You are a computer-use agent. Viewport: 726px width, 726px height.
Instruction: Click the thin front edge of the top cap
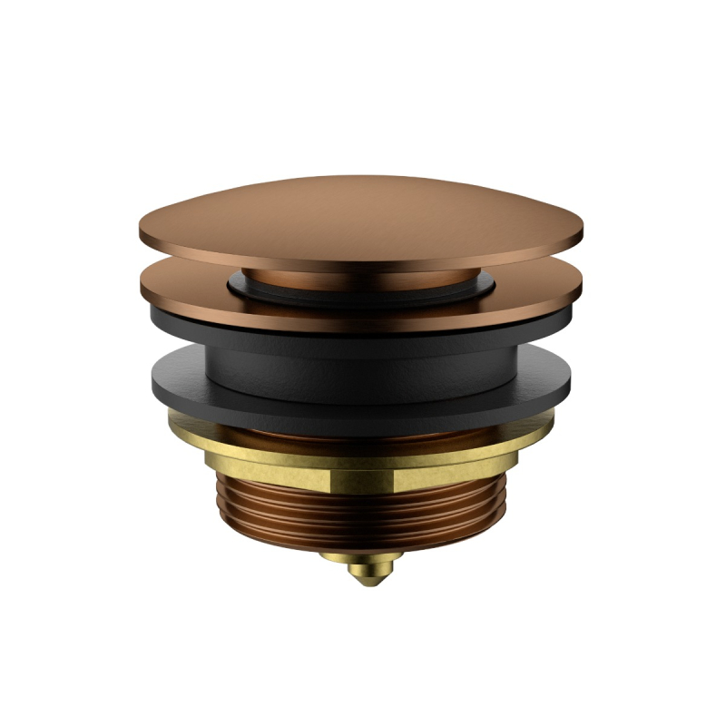click(x=363, y=263)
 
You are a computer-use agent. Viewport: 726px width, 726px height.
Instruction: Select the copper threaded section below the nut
click(x=363, y=513)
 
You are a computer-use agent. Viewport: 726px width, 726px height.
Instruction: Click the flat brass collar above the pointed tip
click(x=363, y=557)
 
